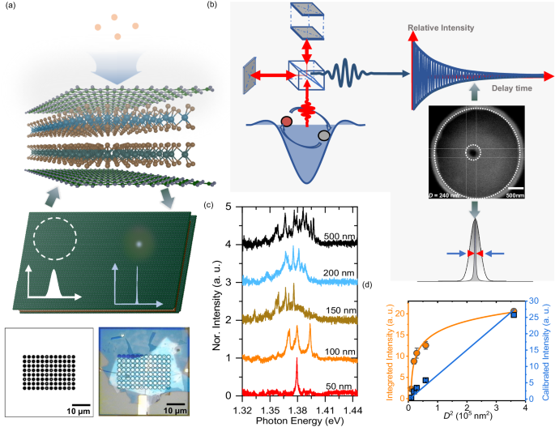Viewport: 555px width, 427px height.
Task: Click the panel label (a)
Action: [x=11, y=6]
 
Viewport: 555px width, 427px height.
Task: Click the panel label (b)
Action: [x=211, y=6]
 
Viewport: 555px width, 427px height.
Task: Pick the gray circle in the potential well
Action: [x=324, y=136]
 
